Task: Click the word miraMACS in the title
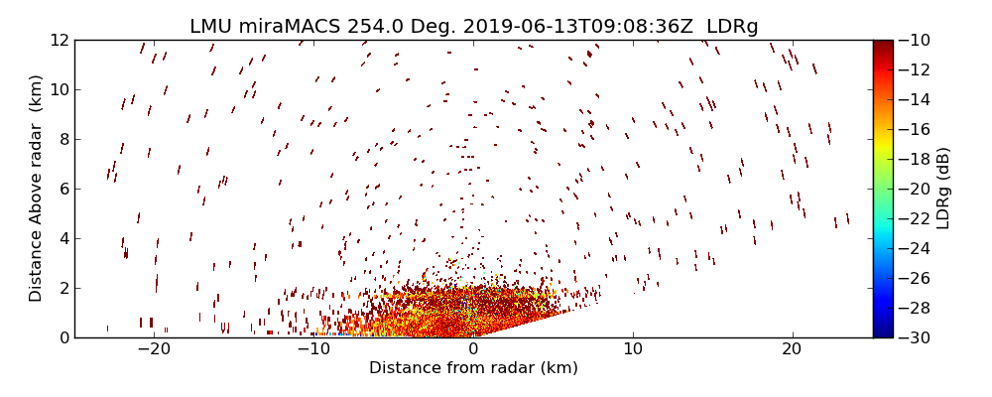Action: coord(280,26)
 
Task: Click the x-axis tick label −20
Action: coord(154,349)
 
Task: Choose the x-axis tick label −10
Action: coord(313,349)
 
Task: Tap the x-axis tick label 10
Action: coord(633,349)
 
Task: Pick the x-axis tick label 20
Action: coord(792,349)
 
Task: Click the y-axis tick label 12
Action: coord(58,41)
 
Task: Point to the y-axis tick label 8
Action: coord(62,140)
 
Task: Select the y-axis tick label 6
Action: coord(62,189)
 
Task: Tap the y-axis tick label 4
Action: coord(62,238)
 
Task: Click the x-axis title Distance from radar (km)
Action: coord(473,368)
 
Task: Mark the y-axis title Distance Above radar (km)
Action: coord(37,189)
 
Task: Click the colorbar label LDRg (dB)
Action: coord(943,189)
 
